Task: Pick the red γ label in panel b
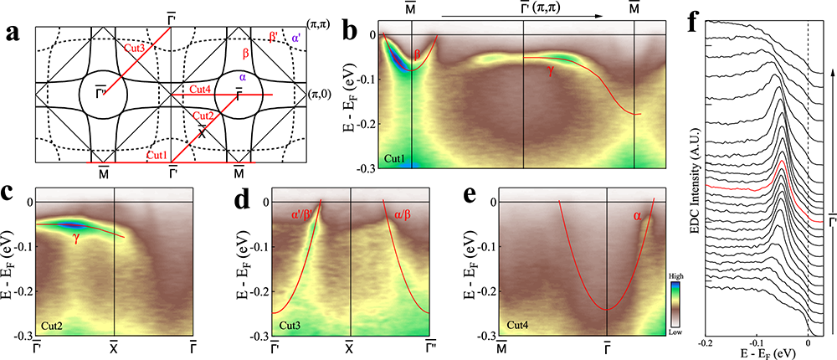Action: click(550, 72)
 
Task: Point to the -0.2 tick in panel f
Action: click(707, 343)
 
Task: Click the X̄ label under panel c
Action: click(114, 343)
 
